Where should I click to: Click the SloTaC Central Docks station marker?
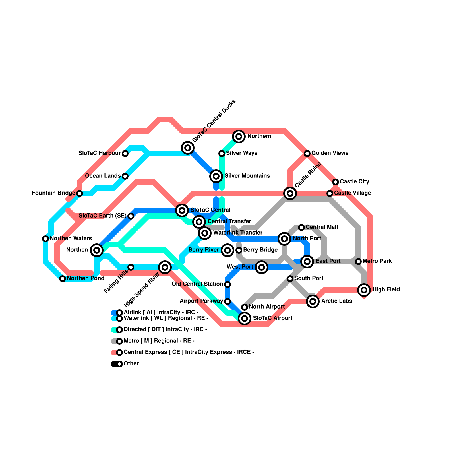(188, 148)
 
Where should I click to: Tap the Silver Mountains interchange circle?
(216, 176)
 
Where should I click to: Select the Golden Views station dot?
(307, 154)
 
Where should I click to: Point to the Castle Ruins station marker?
(290, 193)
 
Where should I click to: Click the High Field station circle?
(364, 290)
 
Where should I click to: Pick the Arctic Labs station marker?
(313, 301)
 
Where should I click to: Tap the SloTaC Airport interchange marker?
(245, 318)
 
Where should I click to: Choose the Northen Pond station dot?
(63, 279)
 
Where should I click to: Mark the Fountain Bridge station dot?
(80, 193)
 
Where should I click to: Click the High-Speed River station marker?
(165, 267)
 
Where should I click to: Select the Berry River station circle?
(227, 250)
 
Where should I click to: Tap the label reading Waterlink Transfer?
(238, 233)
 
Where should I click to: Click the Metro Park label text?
(377, 261)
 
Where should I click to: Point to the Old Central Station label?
(197, 284)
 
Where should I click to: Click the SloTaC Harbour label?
(100, 153)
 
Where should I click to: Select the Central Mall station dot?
(301, 227)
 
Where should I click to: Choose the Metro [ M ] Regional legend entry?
(159, 341)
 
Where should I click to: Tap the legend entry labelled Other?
(131, 364)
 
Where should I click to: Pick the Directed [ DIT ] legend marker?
(119, 330)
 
